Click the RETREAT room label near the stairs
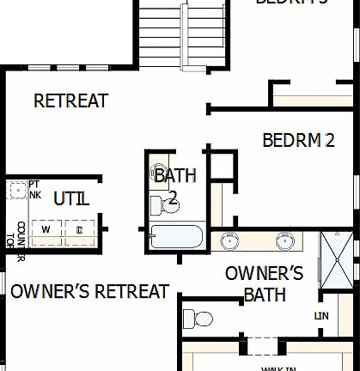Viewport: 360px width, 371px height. click(x=70, y=100)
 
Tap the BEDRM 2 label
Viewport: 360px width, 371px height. click(x=298, y=140)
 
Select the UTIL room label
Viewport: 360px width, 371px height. click(x=70, y=199)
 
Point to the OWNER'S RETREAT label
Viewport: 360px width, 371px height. click(x=89, y=291)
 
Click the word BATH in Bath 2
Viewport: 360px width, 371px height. click(x=174, y=176)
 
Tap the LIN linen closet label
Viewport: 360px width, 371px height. click(x=322, y=316)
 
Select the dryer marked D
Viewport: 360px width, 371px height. click(x=78, y=230)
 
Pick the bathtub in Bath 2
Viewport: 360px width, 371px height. click(x=176, y=236)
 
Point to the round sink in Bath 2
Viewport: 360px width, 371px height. click(x=158, y=171)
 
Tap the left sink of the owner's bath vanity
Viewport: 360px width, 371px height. click(x=230, y=240)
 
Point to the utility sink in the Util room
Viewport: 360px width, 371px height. click(x=16, y=190)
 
